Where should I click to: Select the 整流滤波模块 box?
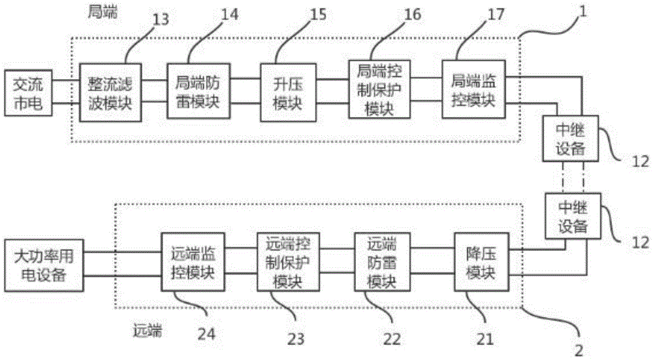[110, 92]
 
